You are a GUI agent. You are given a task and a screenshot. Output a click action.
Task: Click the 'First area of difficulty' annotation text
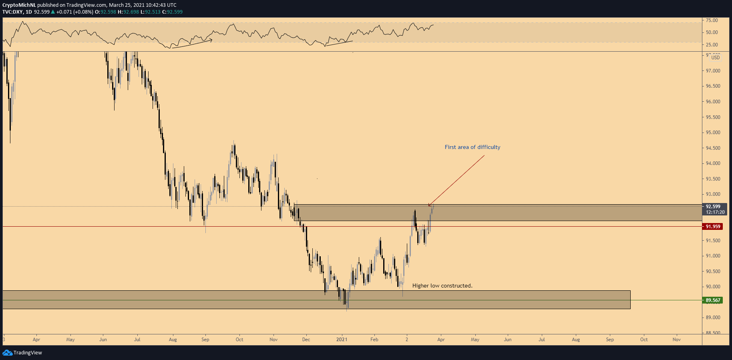[472, 147]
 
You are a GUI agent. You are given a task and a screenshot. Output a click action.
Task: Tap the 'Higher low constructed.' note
[442, 286]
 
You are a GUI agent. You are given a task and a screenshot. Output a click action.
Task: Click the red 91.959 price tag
[713, 227]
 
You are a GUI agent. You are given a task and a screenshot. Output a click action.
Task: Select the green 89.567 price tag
[713, 300]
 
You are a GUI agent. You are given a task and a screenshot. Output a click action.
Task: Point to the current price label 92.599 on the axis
[713, 207]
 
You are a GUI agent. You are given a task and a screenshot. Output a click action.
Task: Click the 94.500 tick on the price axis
[713, 148]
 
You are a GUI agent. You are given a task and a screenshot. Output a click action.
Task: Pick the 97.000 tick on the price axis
[713, 71]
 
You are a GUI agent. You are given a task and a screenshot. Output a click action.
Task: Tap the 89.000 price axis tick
[713, 318]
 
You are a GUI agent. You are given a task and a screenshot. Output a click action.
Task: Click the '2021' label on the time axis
[342, 340]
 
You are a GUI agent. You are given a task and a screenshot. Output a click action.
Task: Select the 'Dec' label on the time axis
[306, 340]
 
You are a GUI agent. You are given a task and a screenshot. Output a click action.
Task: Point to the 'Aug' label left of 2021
[173, 340]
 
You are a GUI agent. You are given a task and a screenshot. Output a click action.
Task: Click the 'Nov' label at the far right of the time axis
[676, 340]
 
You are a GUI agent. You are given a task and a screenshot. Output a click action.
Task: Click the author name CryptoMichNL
[19, 5]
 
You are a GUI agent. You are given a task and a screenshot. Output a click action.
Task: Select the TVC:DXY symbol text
[13, 12]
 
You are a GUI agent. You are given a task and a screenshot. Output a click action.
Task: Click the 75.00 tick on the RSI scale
[712, 20]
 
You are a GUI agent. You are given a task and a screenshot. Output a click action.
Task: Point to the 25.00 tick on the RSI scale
[712, 45]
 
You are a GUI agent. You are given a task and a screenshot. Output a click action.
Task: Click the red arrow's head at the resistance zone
[429, 206]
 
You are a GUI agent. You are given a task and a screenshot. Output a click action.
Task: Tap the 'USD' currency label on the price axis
[715, 58]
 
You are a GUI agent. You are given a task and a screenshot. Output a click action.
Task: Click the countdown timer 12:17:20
[715, 212]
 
